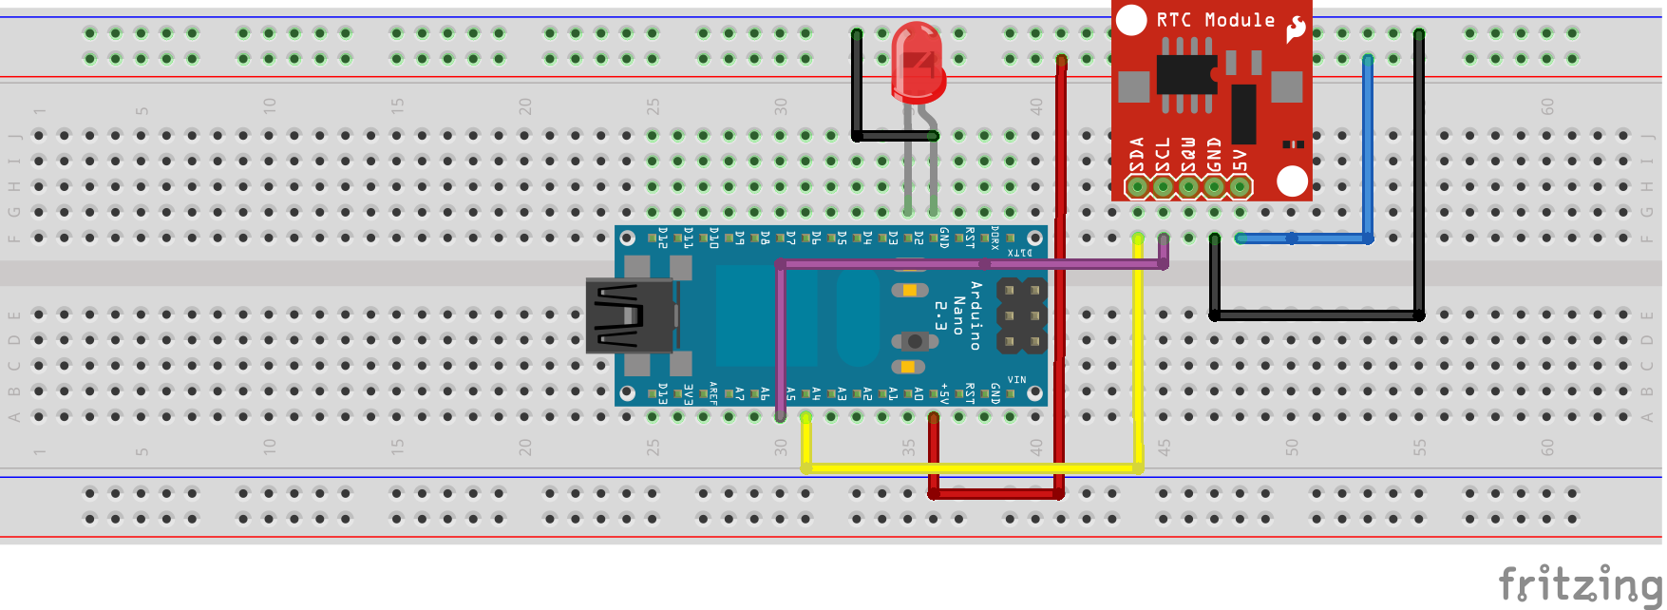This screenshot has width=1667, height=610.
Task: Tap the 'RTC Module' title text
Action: pyautogui.click(x=1215, y=20)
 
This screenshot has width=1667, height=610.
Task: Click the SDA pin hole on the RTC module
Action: pyautogui.click(x=1137, y=186)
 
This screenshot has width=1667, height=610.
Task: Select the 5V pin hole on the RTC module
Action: pyautogui.click(x=1240, y=186)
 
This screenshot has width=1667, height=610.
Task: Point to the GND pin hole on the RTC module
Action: pyautogui.click(x=1214, y=186)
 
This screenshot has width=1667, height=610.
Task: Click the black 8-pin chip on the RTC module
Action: pyautogui.click(x=1185, y=74)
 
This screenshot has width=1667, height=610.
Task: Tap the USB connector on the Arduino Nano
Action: pyautogui.click(x=627, y=315)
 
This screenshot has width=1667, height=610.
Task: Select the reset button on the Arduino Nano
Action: pyautogui.click(x=914, y=340)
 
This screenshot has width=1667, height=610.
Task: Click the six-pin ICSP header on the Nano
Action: pyautogui.click(x=1021, y=315)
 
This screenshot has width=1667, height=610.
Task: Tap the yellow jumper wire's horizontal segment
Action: pyautogui.click(x=969, y=467)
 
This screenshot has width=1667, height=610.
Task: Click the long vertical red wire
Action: pyautogui.click(x=1060, y=285)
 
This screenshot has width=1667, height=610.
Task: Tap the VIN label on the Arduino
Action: pyautogui.click(x=1016, y=379)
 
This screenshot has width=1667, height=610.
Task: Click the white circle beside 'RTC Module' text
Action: pyautogui.click(x=1131, y=20)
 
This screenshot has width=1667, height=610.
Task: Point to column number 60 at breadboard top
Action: pyautogui.click(x=1547, y=106)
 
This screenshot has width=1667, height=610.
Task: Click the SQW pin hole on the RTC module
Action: pyautogui.click(x=1188, y=186)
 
